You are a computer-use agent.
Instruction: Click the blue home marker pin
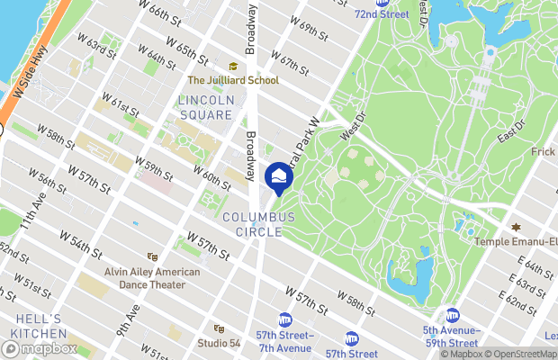[x=279, y=176]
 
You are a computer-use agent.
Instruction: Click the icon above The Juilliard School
[x=233, y=66]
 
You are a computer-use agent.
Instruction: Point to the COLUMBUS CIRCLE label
[x=259, y=225]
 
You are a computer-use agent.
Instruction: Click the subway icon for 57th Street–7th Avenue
[x=285, y=319]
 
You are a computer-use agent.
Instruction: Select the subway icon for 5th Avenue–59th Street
[x=453, y=316]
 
